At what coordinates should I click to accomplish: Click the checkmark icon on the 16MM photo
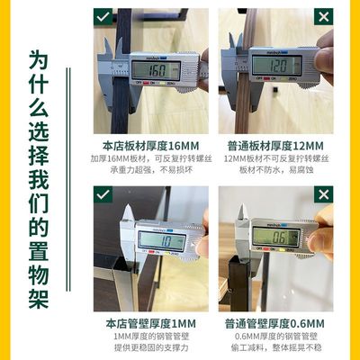click(x=103, y=18)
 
